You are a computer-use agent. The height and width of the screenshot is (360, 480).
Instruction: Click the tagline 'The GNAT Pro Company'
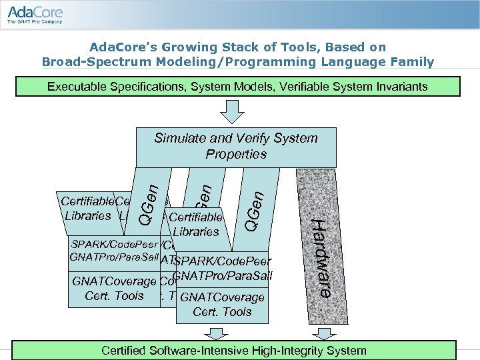[x=35, y=22]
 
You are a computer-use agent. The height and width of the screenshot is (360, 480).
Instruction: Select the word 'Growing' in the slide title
[x=178, y=47]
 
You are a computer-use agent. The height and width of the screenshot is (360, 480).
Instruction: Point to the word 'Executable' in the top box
[x=75, y=87]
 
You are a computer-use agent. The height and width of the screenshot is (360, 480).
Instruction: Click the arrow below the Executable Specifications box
[x=233, y=111]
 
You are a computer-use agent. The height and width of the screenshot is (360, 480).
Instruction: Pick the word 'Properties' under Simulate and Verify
[x=236, y=154]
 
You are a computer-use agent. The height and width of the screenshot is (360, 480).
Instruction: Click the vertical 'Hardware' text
[x=322, y=257]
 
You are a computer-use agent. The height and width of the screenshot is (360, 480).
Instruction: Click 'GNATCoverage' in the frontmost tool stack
[x=222, y=297]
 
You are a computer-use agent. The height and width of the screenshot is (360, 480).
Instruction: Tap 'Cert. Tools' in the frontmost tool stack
[x=222, y=312]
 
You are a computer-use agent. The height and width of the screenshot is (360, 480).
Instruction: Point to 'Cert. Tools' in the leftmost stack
[x=115, y=296]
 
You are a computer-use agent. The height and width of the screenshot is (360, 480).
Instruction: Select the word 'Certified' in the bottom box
[x=125, y=350]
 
